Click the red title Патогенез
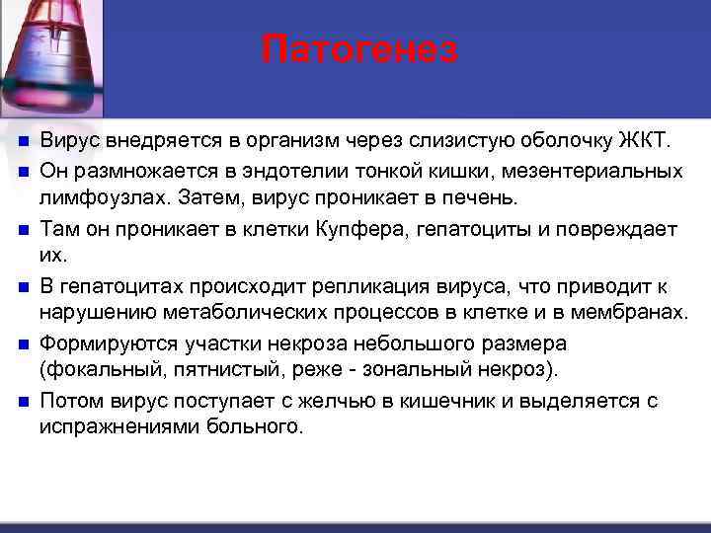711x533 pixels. [360, 48]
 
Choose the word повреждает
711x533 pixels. [614, 229]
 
